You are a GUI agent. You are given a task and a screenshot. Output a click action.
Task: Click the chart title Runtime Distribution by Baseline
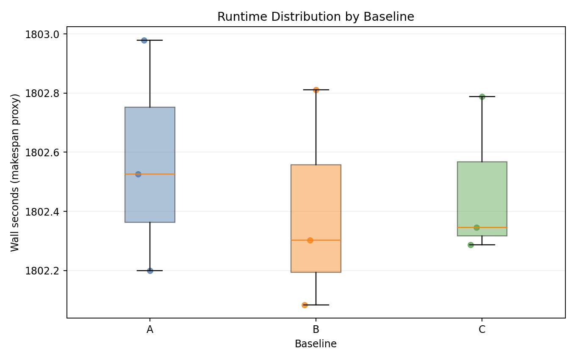pyautogui.click(x=316, y=17)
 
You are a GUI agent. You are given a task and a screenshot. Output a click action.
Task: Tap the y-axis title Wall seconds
pyautogui.click(x=15, y=172)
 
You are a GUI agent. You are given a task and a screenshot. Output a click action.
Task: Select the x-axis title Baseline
pyautogui.click(x=316, y=344)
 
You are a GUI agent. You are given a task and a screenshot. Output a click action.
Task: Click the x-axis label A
pyautogui.click(x=150, y=330)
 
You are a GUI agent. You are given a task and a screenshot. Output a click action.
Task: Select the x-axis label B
pyautogui.click(x=316, y=330)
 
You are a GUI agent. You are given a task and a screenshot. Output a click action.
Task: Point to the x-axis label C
pyautogui.click(x=482, y=330)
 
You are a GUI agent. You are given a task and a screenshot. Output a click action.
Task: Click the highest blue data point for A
pyautogui.click(x=144, y=40)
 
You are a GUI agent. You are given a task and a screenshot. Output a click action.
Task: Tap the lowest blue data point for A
pyautogui.click(x=150, y=271)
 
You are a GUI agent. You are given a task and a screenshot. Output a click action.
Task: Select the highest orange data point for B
pyautogui.click(x=316, y=90)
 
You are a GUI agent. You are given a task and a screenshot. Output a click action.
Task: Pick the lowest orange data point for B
pyautogui.click(x=305, y=305)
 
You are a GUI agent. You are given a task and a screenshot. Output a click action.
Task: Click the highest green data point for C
pyautogui.click(x=482, y=97)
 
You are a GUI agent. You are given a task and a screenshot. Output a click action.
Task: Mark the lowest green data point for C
pyautogui.click(x=471, y=245)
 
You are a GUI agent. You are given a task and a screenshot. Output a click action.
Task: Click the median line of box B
pyautogui.click(x=326, y=240)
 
